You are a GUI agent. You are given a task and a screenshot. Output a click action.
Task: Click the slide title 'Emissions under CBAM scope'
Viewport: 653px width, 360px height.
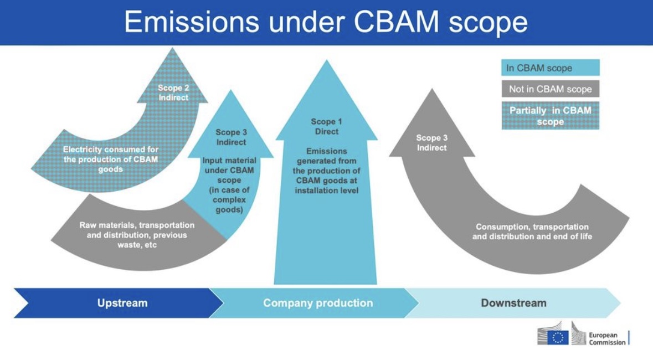click(x=326, y=22)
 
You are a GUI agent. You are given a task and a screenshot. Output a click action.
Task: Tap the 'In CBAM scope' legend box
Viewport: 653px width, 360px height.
click(x=550, y=68)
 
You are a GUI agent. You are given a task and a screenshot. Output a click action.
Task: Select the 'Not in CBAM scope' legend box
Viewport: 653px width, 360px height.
click(x=550, y=89)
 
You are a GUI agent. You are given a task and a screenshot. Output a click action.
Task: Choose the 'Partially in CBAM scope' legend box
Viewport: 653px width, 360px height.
click(x=550, y=116)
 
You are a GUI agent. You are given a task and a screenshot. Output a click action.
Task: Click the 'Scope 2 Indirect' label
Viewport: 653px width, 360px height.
click(x=173, y=92)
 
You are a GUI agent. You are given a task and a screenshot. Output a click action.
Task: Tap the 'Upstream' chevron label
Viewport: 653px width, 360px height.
click(x=122, y=303)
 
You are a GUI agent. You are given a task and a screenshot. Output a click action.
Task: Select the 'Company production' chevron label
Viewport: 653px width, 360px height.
click(x=318, y=303)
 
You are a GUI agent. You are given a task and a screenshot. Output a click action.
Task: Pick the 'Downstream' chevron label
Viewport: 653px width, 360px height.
click(x=513, y=303)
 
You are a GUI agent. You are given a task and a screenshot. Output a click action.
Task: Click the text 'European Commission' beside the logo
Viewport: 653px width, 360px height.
click(x=606, y=338)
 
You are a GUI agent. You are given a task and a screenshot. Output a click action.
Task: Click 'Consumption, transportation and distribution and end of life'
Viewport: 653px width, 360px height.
click(x=532, y=232)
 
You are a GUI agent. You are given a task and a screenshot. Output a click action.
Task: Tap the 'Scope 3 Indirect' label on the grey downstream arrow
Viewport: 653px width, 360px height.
click(x=432, y=142)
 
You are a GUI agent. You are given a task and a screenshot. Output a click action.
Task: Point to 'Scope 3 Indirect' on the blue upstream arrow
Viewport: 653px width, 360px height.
click(x=231, y=137)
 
